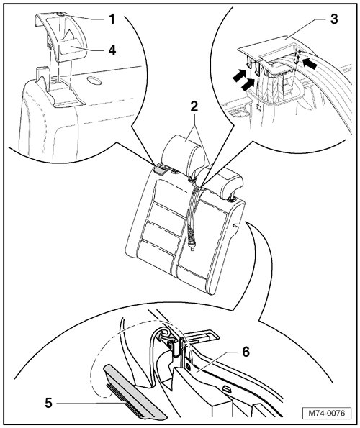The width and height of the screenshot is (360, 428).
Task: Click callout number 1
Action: pos(112,19)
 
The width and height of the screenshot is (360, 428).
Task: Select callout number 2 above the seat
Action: pos(194,106)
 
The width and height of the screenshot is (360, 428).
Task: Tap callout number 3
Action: pos(334,19)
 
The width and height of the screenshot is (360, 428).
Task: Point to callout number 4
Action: pos(112,50)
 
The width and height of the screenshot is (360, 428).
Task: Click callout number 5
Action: pos(49,403)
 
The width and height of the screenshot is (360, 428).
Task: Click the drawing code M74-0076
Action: pos(327,413)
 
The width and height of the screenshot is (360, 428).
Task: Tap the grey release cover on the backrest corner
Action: pos(162,169)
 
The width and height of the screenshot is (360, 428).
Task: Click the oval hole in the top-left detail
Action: pos(94,81)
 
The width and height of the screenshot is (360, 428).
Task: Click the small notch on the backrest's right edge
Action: pos(237,225)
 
